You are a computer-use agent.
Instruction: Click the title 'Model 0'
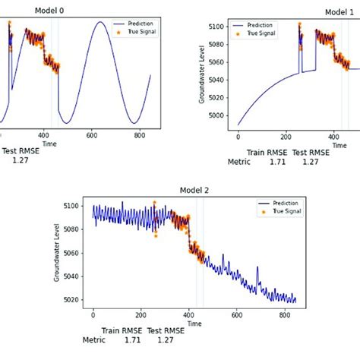65,11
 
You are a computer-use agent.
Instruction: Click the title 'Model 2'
194,190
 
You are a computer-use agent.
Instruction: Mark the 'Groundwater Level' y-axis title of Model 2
57,253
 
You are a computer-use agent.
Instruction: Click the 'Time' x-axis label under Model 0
49,142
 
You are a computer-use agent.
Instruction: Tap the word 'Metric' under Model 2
94,340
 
